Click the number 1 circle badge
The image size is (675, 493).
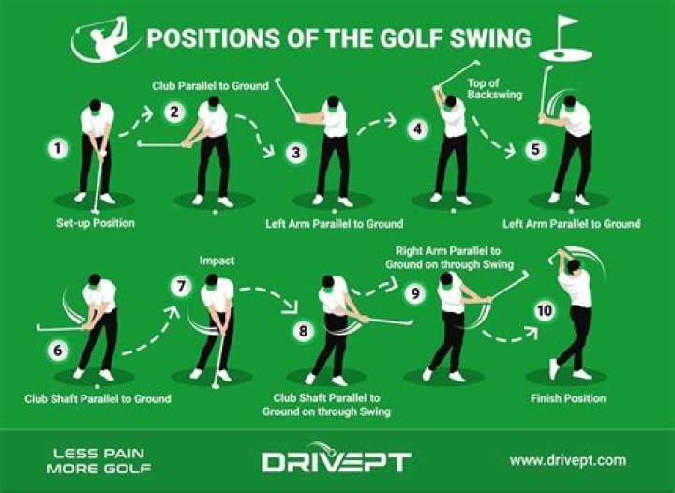point(58,148)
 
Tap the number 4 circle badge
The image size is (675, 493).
point(418,128)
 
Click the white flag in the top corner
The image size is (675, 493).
point(566,28)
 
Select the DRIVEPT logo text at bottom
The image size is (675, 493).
point(336,461)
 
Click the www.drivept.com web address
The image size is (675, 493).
point(567,460)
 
